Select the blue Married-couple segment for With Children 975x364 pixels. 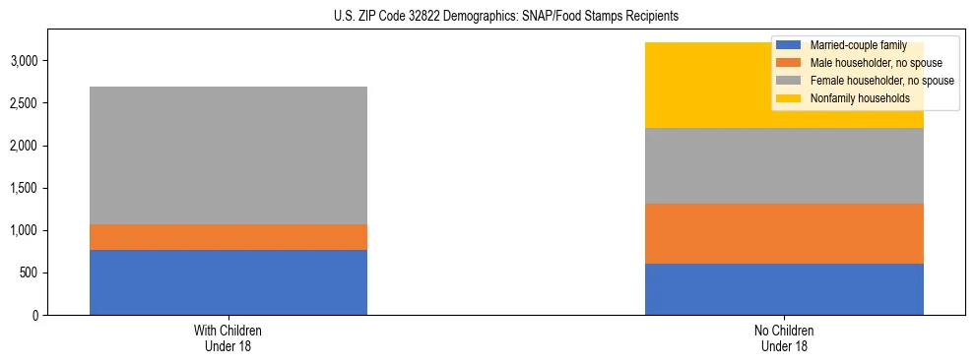pos(228,282)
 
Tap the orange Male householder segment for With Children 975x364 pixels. pos(228,237)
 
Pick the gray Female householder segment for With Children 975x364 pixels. pos(228,155)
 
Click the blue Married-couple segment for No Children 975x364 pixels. pos(784,289)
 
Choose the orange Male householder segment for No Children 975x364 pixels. pos(784,234)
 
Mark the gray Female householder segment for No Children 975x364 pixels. pos(784,166)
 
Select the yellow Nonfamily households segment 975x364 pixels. pos(689,86)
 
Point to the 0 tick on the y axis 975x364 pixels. pos(34,316)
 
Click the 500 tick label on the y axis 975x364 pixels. pos(29,273)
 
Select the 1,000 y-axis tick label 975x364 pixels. pos(24,231)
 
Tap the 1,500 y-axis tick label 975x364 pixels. pos(24,188)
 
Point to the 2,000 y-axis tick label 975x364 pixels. pos(24,146)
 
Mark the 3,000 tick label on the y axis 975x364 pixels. pos(24,61)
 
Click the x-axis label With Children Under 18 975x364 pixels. pos(228,338)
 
